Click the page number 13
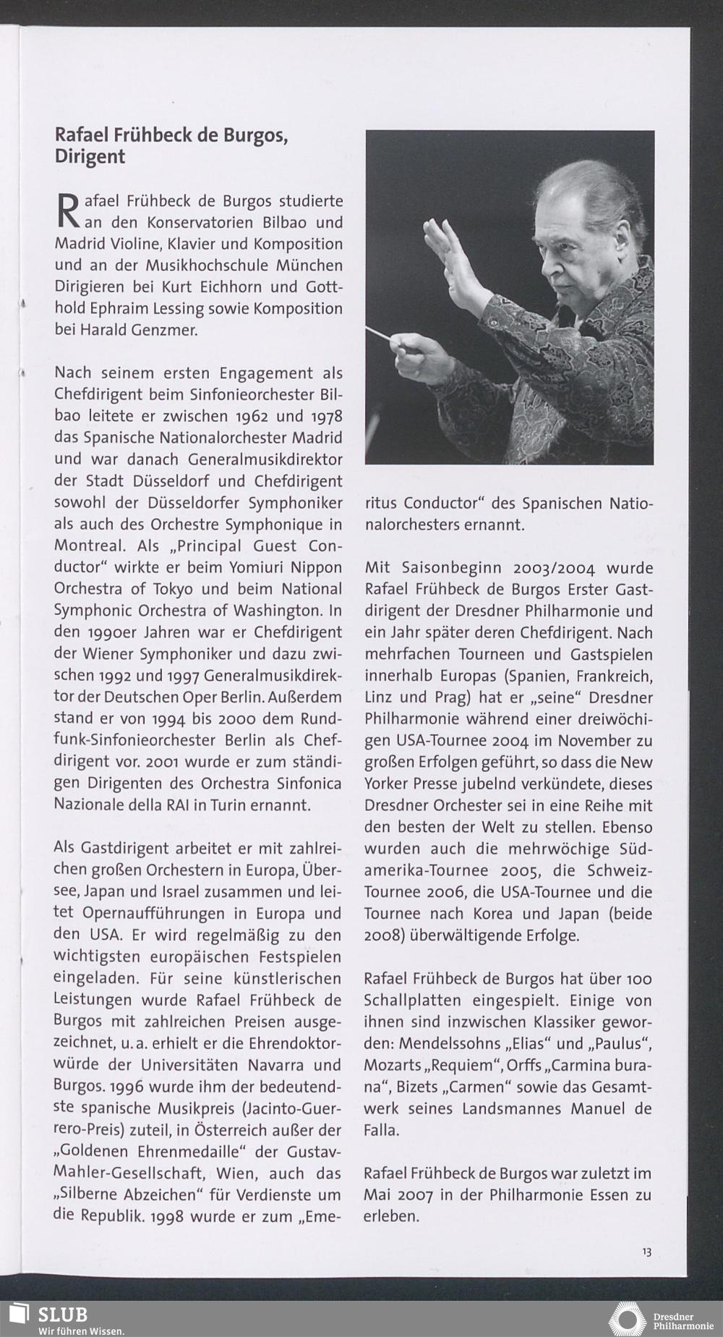pyautogui.click(x=646, y=1252)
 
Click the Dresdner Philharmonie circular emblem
pyautogui.click(x=626, y=1318)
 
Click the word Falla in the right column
pyautogui.click(x=380, y=1130)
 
